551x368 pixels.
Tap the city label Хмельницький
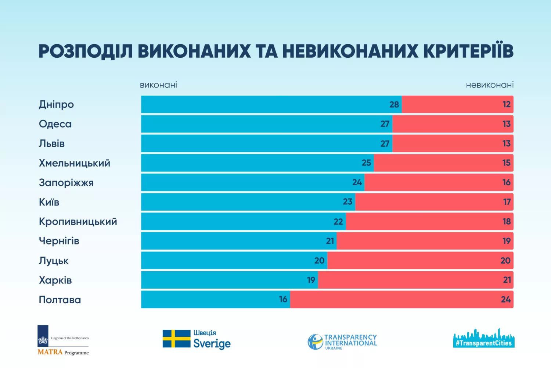click(x=75, y=163)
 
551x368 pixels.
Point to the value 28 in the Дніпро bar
click(x=394, y=105)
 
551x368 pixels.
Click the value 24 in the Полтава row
click(x=505, y=300)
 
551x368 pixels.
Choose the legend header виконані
click(x=158, y=85)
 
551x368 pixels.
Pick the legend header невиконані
click(x=490, y=85)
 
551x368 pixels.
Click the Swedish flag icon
click(x=176, y=339)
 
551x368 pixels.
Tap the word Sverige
click(x=212, y=344)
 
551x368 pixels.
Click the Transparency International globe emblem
click(x=315, y=342)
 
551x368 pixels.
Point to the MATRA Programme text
click(x=63, y=352)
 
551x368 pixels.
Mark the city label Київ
click(x=49, y=202)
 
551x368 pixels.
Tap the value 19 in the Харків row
click(x=311, y=280)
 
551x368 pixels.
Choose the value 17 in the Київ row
click(x=507, y=202)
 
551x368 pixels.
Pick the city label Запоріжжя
click(x=66, y=183)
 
